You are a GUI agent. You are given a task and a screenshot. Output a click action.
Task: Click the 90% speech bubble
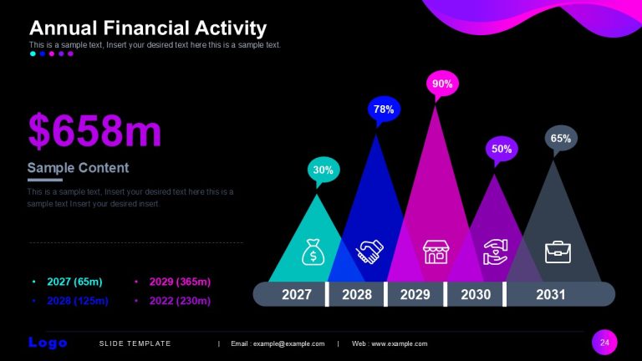[x=442, y=84]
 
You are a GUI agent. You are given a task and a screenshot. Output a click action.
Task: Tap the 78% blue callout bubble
[x=384, y=109]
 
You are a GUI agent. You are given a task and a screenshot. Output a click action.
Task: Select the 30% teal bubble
[x=324, y=170]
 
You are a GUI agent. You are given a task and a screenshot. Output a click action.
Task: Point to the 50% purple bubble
[x=502, y=149]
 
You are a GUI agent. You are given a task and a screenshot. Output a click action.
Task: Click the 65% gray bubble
[x=561, y=139]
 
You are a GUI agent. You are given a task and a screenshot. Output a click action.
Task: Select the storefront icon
[x=436, y=252]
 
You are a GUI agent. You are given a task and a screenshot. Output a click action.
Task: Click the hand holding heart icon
[x=496, y=252]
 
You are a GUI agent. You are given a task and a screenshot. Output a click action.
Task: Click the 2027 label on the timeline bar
[x=297, y=294]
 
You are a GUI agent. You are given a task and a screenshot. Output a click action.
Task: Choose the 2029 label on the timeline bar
[x=415, y=294]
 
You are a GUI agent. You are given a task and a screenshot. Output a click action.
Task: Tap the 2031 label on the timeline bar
[x=550, y=294]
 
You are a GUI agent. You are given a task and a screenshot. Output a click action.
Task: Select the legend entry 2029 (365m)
[x=180, y=282]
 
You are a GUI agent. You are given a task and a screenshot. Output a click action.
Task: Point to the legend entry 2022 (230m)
[x=180, y=301]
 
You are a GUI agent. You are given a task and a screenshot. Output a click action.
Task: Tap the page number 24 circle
[x=604, y=342]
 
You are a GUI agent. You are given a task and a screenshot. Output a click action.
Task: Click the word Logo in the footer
[x=48, y=343]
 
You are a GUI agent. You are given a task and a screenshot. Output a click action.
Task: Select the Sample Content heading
[x=78, y=167]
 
